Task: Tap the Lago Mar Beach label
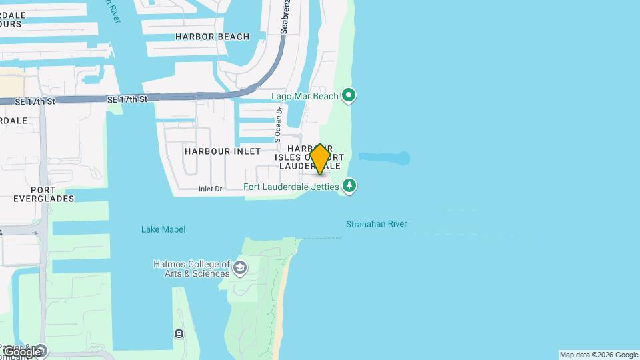305,96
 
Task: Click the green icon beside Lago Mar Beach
349,96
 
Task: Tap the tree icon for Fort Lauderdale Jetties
349,185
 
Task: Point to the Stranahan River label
376,224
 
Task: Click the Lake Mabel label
163,229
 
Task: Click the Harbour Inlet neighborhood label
223,151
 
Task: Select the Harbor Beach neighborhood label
213,37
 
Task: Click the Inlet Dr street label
210,189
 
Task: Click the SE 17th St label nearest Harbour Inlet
126,99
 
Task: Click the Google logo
22,351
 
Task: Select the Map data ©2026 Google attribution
599,355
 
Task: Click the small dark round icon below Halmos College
179,333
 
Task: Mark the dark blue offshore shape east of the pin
385,158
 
